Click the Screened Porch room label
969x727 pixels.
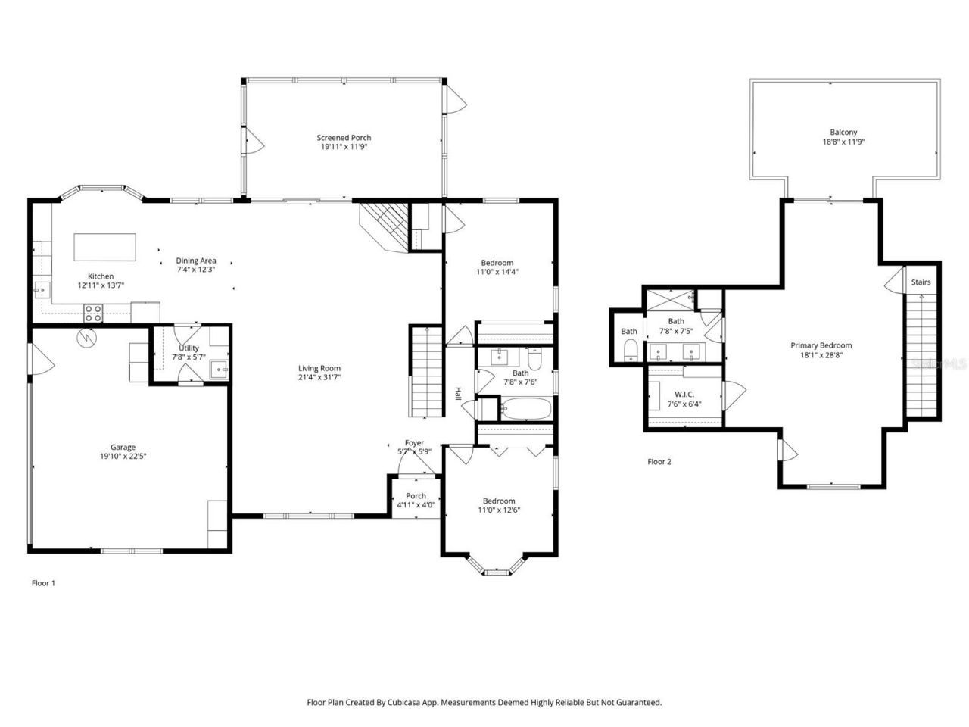pos(344,138)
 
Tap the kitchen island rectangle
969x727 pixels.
pos(105,247)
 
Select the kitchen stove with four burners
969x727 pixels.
pos(93,310)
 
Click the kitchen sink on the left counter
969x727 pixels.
pos(39,289)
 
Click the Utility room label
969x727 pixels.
pos(189,348)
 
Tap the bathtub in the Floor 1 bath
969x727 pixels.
pos(525,410)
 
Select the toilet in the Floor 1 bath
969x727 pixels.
pos(534,360)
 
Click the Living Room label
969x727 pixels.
pos(319,368)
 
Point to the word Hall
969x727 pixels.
pos(458,394)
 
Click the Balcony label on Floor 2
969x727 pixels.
pos(843,132)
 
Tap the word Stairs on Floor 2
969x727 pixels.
pos(921,282)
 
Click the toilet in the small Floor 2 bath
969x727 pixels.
pos(629,350)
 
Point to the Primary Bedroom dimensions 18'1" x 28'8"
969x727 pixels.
pos(826,354)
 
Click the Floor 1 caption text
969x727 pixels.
pos(43,583)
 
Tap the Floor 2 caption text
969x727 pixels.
pos(659,461)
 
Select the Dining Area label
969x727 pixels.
pos(196,261)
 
